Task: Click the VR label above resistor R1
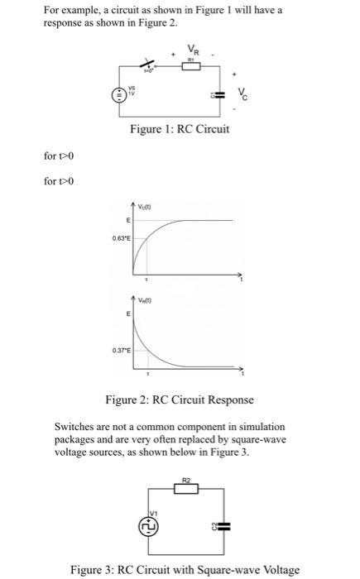point(192,49)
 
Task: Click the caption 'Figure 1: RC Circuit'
point(180,130)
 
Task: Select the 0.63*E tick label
point(121,237)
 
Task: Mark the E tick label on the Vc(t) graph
point(127,219)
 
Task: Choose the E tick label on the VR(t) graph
point(127,314)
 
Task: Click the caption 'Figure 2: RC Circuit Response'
point(179,401)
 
